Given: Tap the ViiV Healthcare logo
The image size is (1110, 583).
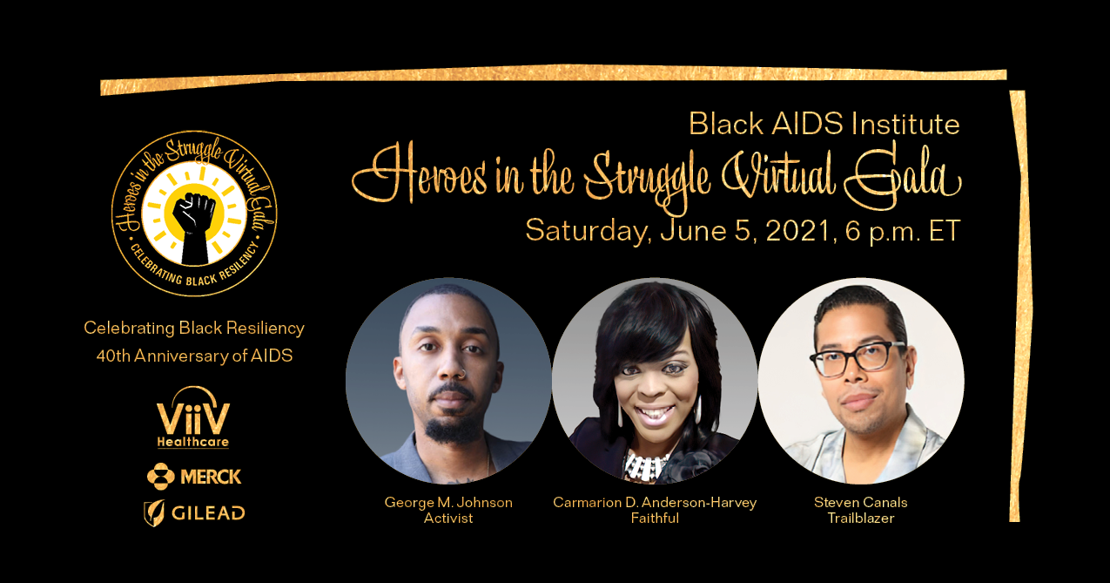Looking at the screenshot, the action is pyautogui.click(x=193, y=417).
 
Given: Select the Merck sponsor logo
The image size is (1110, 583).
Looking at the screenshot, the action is pyautogui.click(x=194, y=477).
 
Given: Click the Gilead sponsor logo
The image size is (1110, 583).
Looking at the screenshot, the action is pyautogui.click(x=194, y=513).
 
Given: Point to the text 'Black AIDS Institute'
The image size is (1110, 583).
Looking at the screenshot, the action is pyautogui.click(x=824, y=124).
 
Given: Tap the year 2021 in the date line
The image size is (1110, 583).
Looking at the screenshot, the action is pyautogui.click(x=797, y=231).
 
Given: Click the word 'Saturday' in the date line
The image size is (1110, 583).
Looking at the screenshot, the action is pyautogui.click(x=585, y=232).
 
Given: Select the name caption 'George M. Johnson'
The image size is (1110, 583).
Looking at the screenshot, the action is pyautogui.click(x=448, y=503).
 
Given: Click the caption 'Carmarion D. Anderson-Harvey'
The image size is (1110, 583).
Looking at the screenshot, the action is pyautogui.click(x=655, y=503).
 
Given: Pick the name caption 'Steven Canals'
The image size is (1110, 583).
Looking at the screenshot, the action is pyautogui.click(x=861, y=503).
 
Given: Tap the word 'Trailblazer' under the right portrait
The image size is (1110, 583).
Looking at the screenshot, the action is pyautogui.click(x=861, y=519).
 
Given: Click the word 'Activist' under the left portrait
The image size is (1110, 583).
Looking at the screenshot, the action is pyautogui.click(x=448, y=519).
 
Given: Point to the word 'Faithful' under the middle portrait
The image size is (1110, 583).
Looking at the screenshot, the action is pyautogui.click(x=655, y=519).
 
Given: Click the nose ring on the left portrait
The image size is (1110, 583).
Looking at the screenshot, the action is pyautogui.click(x=461, y=373).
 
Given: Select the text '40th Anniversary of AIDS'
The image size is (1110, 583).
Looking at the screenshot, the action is pyautogui.click(x=194, y=356).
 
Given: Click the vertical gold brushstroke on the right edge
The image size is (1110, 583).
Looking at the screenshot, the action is pyautogui.click(x=1019, y=305).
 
